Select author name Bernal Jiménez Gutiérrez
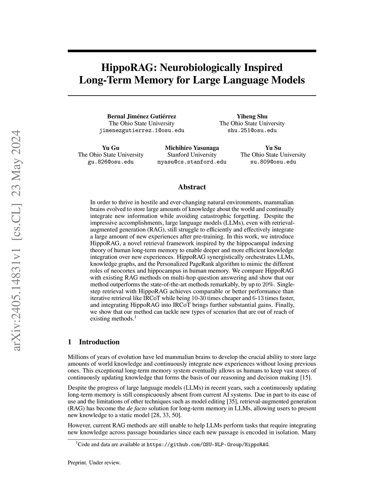pyautogui.click(x=141, y=116)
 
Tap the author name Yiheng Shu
pyautogui.click(x=252, y=116)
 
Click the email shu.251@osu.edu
pyautogui.click(x=252, y=131)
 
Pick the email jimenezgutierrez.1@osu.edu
pyautogui.click(x=141, y=131)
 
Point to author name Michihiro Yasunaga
pyautogui.click(x=192, y=148)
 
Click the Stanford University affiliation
pyautogui.click(x=192, y=155)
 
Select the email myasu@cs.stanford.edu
pyautogui.click(x=192, y=162)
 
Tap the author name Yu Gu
pyautogui.click(x=111, y=148)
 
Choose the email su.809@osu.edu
pyautogui.click(x=273, y=162)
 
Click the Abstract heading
pyautogui.click(x=192, y=187)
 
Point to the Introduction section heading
pyautogui.click(x=99, y=342)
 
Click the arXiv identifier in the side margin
pyautogui.click(x=17, y=240)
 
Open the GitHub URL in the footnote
pyautogui.click(x=207, y=445)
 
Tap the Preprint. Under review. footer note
pyautogui.click(x=94, y=462)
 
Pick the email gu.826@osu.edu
pyautogui.click(x=111, y=162)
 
